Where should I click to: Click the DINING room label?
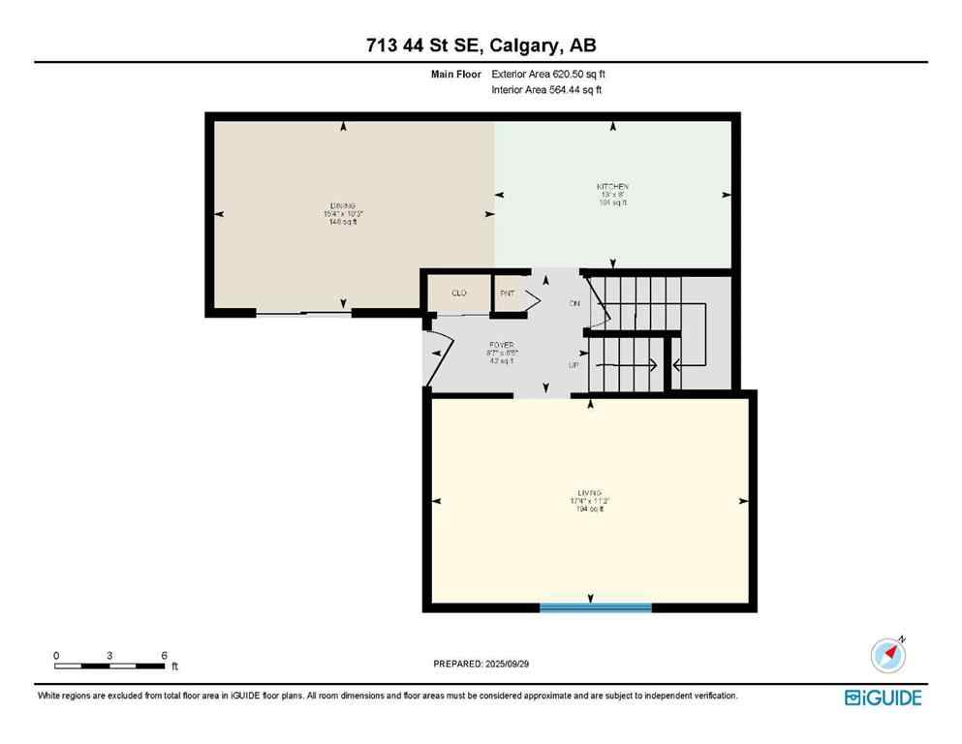(x=342, y=206)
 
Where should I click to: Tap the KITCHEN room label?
(x=612, y=186)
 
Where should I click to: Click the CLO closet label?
(x=459, y=293)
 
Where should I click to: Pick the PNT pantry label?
(x=506, y=293)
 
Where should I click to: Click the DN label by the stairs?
(x=574, y=303)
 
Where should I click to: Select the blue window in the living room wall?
(x=595, y=607)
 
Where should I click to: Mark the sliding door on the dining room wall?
(x=303, y=313)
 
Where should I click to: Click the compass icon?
(x=887, y=656)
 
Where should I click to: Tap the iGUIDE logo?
(x=883, y=697)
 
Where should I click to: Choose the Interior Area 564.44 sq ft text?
(x=546, y=90)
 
